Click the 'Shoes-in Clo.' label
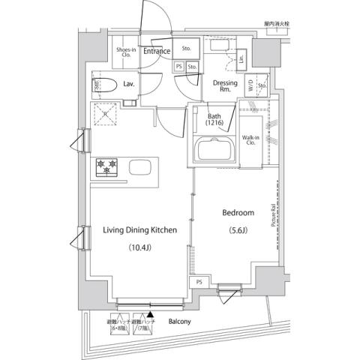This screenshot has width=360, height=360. (x=124, y=51)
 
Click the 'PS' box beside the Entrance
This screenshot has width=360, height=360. (x=178, y=67)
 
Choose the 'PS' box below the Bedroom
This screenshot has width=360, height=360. (x=199, y=281)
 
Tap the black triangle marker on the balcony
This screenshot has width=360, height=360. (x=151, y=316)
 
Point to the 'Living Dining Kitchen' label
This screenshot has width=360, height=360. (x=140, y=230)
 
